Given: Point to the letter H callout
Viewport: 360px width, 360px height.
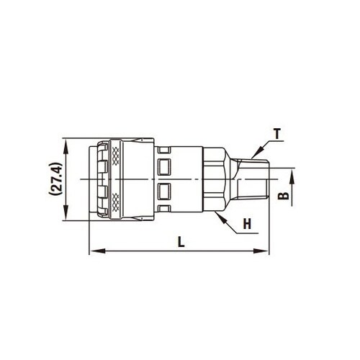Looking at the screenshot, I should [247, 225].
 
